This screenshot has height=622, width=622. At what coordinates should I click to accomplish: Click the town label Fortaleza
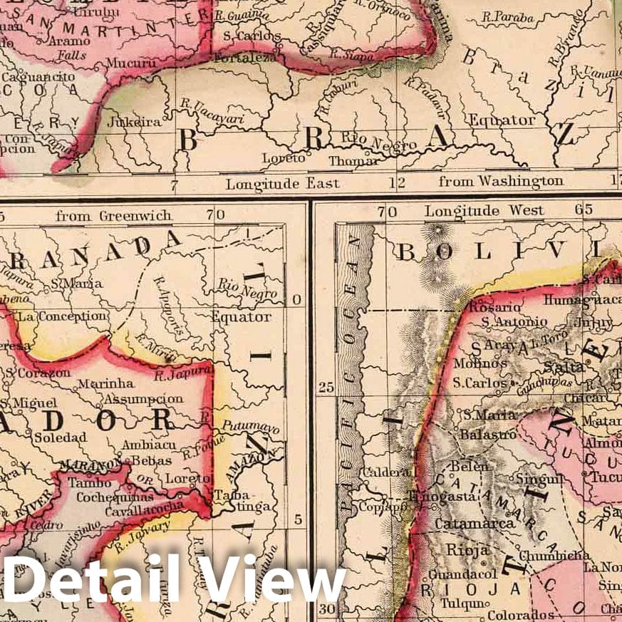click(x=247, y=58)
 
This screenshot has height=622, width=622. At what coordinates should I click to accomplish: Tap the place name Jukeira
click(x=134, y=122)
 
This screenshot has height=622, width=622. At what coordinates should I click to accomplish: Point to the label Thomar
click(x=354, y=160)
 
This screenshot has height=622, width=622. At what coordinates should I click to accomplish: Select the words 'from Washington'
click(x=501, y=182)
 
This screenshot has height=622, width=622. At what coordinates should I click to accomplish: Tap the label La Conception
click(x=63, y=316)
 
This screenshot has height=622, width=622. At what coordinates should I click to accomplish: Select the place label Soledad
click(x=60, y=437)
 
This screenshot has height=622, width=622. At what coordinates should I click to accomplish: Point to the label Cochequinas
click(x=115, y=497)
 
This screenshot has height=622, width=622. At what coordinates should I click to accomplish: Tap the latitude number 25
click(x=326, y=388)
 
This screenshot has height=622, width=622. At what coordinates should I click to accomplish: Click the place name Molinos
click(x=480, y=363)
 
